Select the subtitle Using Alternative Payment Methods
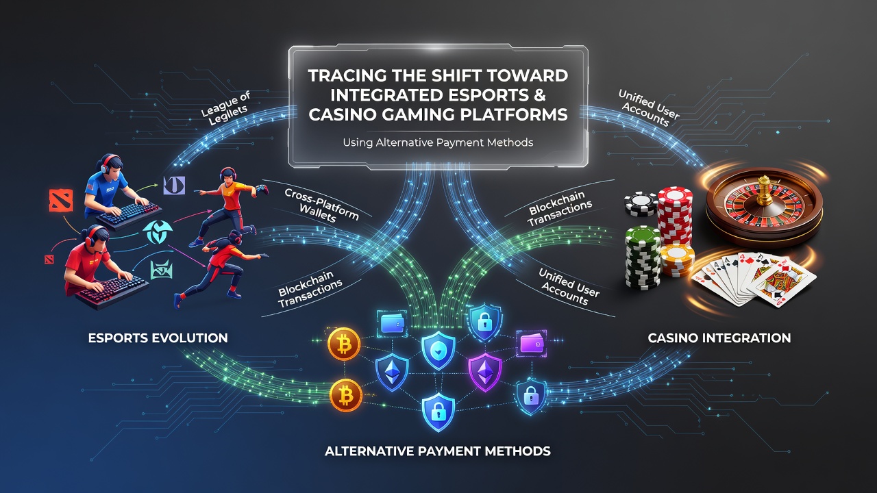tap(438, 142)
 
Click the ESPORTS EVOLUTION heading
tap(158, 338)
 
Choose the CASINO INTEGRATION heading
tap(719, 338)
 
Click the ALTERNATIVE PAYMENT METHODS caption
tap(438, 451)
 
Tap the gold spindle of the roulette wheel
tap(764, 191)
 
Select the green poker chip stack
tap(643, 257)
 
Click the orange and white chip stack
tap(678, 259)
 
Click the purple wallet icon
tap(531, 344)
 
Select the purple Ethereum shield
tap(485, 372)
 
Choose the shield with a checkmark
tap(438, 350)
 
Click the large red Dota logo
tap(62, 201)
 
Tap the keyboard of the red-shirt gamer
tap(112, 290)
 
